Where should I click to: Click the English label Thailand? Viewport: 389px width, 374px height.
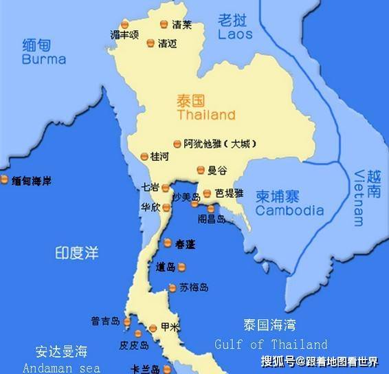click(x=206, y=115)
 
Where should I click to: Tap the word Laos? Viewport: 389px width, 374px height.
click(x=235, y=34)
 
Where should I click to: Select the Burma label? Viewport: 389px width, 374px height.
click(x=44, y=59)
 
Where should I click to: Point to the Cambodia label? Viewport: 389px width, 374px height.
click(x=289, y=210)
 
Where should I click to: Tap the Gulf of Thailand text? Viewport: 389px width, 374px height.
click(x=271, y=344)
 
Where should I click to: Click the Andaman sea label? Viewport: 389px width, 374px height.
click(x=61, y=368)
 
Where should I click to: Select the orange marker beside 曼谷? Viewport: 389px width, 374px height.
click(x=201, y=170)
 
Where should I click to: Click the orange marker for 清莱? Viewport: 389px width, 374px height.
click(x=164, y=24)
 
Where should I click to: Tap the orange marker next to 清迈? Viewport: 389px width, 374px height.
click(x=151, y=43)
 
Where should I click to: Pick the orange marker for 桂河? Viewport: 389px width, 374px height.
click(x=144, y=157)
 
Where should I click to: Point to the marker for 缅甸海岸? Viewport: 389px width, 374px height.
click(x=5, y=180)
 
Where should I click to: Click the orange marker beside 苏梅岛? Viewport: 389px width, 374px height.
click(x=172, y=287)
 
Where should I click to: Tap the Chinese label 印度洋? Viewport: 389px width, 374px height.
click(x=77, y=253)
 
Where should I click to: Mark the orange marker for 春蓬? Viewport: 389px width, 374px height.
click(x=167, y=243)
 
